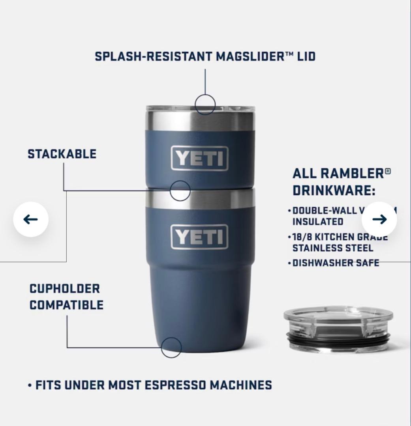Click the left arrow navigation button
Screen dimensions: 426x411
(x=31, y=219)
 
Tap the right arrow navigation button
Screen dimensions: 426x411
(x=379, y=219)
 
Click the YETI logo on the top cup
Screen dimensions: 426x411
(x=199, y=159)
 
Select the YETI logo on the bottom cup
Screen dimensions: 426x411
(x=199, y=237)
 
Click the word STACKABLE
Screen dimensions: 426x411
(x=62, y=154)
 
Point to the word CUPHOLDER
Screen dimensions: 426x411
(x=64, y=288)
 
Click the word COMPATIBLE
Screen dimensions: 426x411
(x=66, y=305)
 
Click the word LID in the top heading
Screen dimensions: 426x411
(x=306, y=56)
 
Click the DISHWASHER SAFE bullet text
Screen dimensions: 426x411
(x=336, y=263)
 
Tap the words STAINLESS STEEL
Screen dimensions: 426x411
(x=332, y=248)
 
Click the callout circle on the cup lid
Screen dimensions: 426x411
(x=205, y=105)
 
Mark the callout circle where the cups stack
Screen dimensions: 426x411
(x=180, y=191)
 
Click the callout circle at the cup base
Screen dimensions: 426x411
(x=171, y=348)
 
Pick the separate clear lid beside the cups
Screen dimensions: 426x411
(x=338, y=329)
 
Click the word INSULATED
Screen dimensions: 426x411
(x=317, y=222)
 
